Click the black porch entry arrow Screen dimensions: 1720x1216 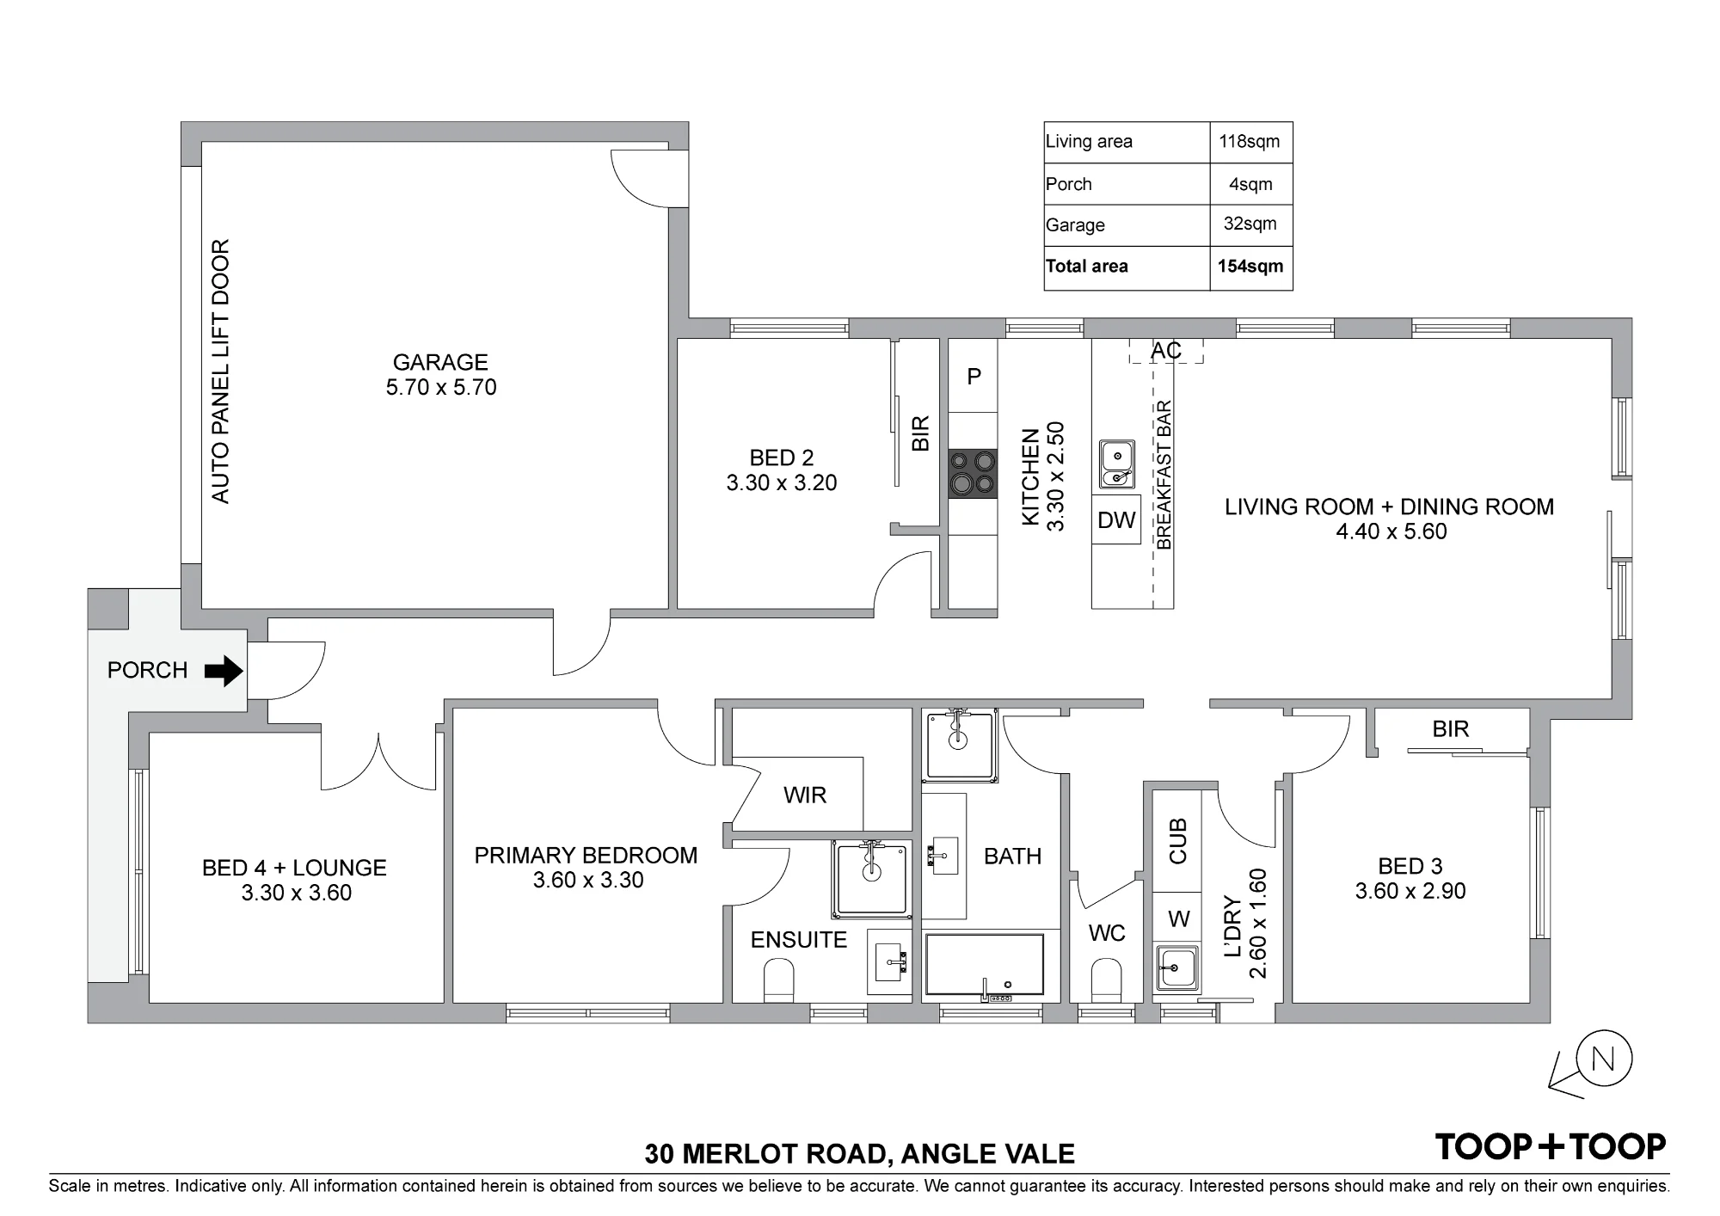224,671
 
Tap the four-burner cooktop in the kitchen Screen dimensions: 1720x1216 973,474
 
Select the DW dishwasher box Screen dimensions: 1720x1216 1116,519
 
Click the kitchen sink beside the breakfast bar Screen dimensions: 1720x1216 1117,464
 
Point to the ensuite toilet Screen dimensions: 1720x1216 778,981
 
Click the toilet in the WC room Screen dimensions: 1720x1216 1106,981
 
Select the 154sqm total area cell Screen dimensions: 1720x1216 1250,267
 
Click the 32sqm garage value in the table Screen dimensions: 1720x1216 1250,224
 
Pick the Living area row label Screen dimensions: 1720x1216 1089,142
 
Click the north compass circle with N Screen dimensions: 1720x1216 1603,1059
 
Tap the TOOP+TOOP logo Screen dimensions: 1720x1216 1551,1146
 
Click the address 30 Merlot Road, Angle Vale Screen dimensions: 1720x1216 860,1153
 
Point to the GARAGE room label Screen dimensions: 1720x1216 440,362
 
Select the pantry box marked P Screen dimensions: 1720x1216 974,376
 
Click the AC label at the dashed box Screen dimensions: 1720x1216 1166,351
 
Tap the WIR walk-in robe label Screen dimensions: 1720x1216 805,795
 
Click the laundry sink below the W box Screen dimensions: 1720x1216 1176,968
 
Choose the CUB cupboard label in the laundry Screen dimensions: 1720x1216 1177,841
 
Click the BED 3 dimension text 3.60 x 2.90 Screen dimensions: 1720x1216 1410,892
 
